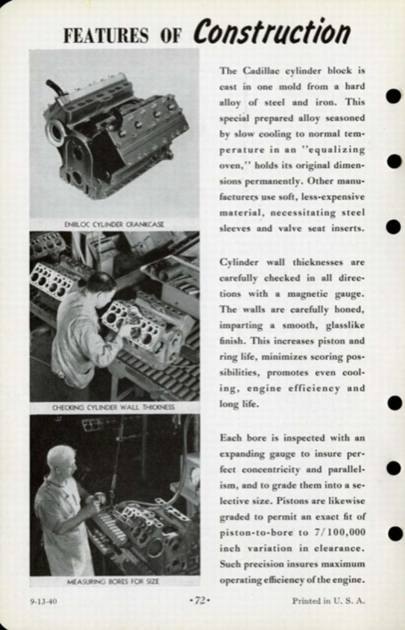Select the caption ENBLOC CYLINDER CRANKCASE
click(x=114, y=225)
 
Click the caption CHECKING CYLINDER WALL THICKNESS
click(x=114, y=407)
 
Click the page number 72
click(x=200, y=601)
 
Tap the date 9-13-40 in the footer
click(x=43, y=601)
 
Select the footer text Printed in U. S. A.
click(x=328, y=601)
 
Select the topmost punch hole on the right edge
click(x=393, y=96)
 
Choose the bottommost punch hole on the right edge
click(x=394, y=533)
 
